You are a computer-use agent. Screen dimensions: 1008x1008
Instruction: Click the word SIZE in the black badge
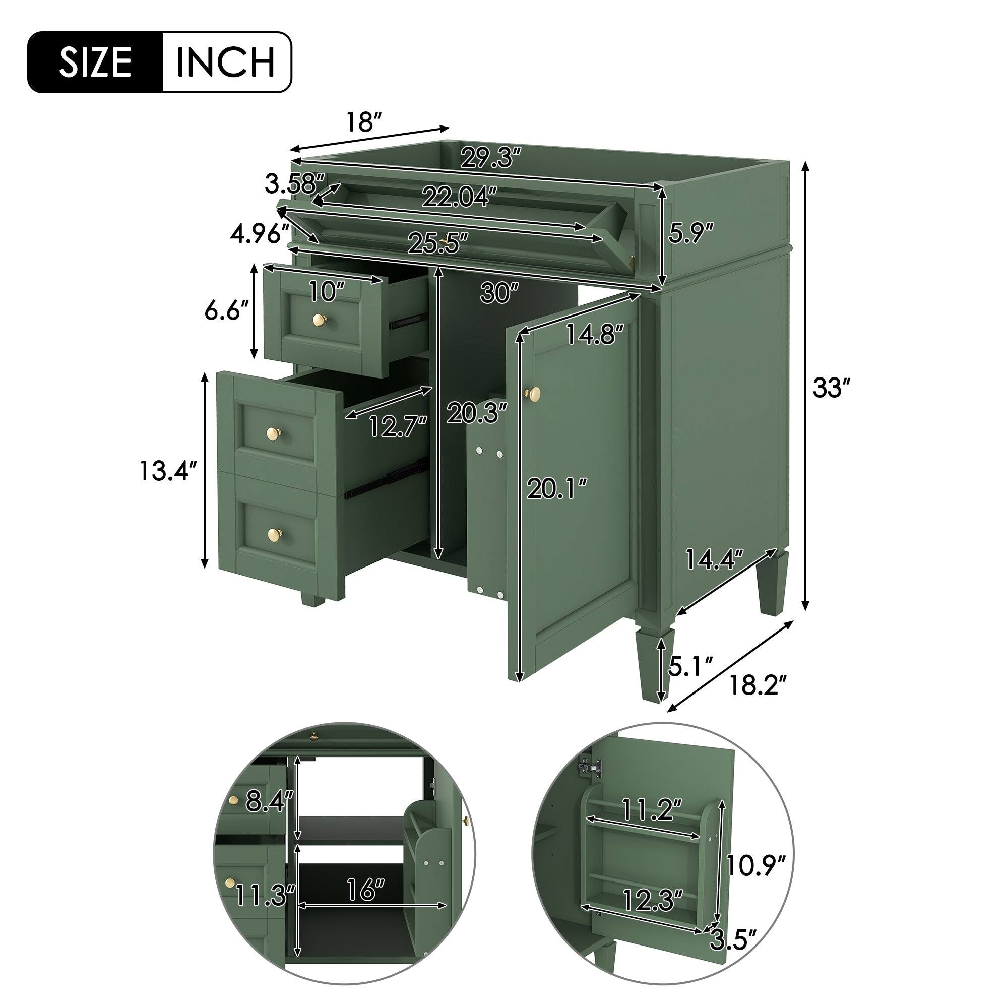pyautogui.click(x=95, y=62)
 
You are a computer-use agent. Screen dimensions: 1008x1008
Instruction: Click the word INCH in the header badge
pyautogui.click(x=225, y=62)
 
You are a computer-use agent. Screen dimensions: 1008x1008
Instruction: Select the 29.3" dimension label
pyautogui.click(x=490, y=158)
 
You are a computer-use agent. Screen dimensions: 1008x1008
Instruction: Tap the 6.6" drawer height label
pyautogui.click(x=225, y=311)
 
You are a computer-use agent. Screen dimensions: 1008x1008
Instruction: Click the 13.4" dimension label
pyautogui.click(x=168, y=471)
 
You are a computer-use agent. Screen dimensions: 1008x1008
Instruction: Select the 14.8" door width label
pyautogui.click(x=595, y=334)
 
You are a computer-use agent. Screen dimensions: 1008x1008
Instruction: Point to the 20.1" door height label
pyautogui.click(x=557, y=489)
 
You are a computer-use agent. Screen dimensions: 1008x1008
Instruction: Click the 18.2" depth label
pyautogui.click(x=757, y=684)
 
